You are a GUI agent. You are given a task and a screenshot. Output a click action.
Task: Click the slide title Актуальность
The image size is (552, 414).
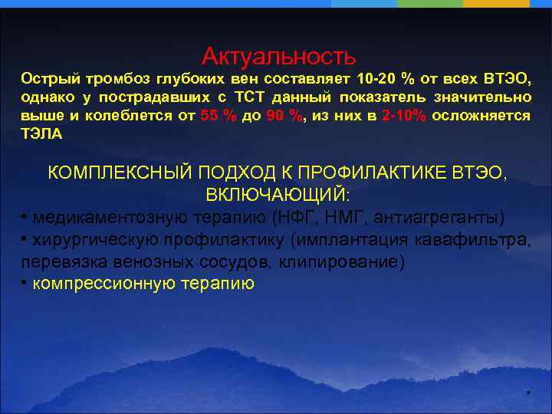pos(278,56)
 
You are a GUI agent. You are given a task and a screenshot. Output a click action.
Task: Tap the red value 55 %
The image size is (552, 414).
pos(218,116)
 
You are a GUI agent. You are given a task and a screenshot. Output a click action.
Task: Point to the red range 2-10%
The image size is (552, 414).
pos(403,116)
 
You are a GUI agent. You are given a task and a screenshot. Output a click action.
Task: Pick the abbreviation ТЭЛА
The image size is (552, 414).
pos(42,133)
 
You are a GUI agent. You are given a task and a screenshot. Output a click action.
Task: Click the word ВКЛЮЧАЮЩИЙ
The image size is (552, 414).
pos(278,194)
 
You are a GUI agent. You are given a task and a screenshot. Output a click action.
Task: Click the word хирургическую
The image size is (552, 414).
pos(94,239)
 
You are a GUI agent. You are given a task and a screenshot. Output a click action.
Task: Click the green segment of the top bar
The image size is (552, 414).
pos(441,4)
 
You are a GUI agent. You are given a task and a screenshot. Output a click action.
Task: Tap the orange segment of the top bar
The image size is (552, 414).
pos(507,4)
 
